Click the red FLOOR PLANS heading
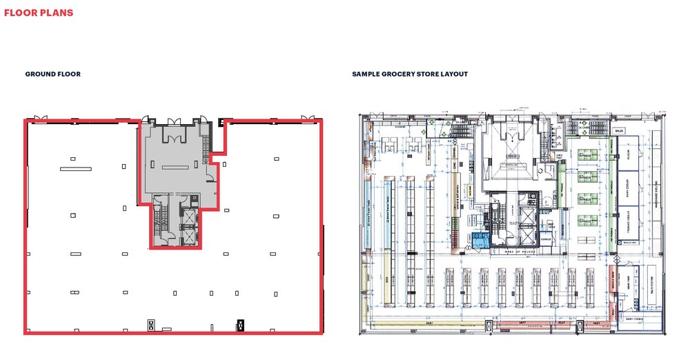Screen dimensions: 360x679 pos(39,12)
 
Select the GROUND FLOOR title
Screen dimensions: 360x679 pos(53,74)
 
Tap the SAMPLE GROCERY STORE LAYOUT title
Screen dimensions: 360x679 pos(410,74)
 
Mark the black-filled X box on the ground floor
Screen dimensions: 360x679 pos(241,323)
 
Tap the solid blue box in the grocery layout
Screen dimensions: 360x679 pos(479,240)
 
